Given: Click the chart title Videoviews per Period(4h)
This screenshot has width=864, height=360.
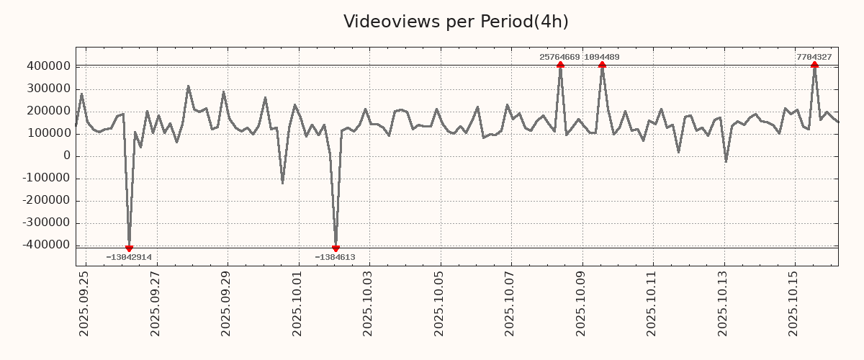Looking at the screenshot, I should [x=456, y=22].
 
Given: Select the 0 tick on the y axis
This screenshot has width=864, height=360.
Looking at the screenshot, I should [x=67, y=156].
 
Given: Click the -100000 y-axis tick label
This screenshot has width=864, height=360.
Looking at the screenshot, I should [x=45, y=179].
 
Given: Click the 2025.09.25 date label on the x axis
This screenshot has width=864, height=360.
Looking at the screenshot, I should [x=85, y=303].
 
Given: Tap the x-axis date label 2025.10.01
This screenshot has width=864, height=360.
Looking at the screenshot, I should [x=298, y=303].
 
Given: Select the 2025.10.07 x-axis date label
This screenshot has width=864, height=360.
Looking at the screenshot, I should [x=511, y=303].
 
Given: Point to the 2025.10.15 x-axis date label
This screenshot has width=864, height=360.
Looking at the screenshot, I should [x=795, y=303].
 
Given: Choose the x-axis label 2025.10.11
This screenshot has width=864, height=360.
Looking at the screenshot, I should [x=653, y=303].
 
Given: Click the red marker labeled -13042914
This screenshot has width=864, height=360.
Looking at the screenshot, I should [x=129, y=248].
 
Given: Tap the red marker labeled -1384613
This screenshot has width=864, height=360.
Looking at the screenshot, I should [x=336, y=248].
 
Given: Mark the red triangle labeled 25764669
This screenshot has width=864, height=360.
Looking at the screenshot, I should [x=560, y=65].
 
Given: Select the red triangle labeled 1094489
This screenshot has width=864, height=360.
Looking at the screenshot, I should [x=602, y=65].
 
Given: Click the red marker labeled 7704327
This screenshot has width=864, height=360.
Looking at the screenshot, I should [x=814, y=65].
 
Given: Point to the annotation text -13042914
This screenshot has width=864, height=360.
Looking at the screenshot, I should [x=129, y=257].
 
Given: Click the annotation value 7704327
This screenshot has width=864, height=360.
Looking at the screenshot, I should [x=814, y=57].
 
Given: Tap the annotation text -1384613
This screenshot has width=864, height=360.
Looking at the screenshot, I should [x=336, y=257].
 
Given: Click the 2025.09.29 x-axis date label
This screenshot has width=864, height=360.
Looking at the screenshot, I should [x=227, y=303].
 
